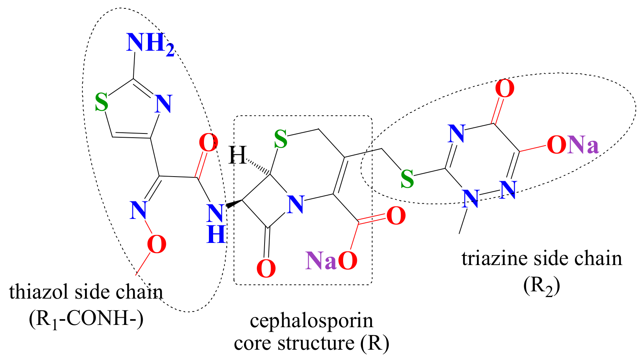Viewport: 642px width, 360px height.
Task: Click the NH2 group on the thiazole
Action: point(149,44)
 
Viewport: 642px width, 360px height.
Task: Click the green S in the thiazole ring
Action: point(101,102)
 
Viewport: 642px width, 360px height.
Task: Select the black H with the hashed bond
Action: point(238,156)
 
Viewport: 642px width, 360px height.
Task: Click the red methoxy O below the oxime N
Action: point(156,244)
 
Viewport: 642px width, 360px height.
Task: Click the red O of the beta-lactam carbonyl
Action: point(266,268)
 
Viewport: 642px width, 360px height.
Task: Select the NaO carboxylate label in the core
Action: point(331,261)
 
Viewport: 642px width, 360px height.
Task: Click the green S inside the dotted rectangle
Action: point(281,139)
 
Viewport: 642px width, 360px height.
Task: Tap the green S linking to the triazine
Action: point(407,178)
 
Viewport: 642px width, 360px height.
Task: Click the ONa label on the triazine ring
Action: point(573,145)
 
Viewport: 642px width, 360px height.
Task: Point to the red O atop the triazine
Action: point(504,88)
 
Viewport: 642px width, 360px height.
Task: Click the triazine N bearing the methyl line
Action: point(470,198)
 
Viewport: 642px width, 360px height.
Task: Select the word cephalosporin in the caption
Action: point(311,320)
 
